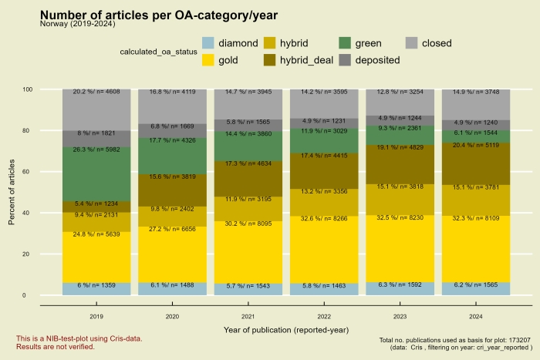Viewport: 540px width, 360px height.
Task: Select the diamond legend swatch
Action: [208, 43]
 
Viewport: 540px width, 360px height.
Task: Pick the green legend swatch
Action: [346, 43]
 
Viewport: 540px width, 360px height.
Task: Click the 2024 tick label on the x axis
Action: [475, 315]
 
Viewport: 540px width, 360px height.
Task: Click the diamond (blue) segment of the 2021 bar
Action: [248, 289]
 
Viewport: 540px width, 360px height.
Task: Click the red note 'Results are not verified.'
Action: [56, 347]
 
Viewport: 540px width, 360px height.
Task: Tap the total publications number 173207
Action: [518, 339]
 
